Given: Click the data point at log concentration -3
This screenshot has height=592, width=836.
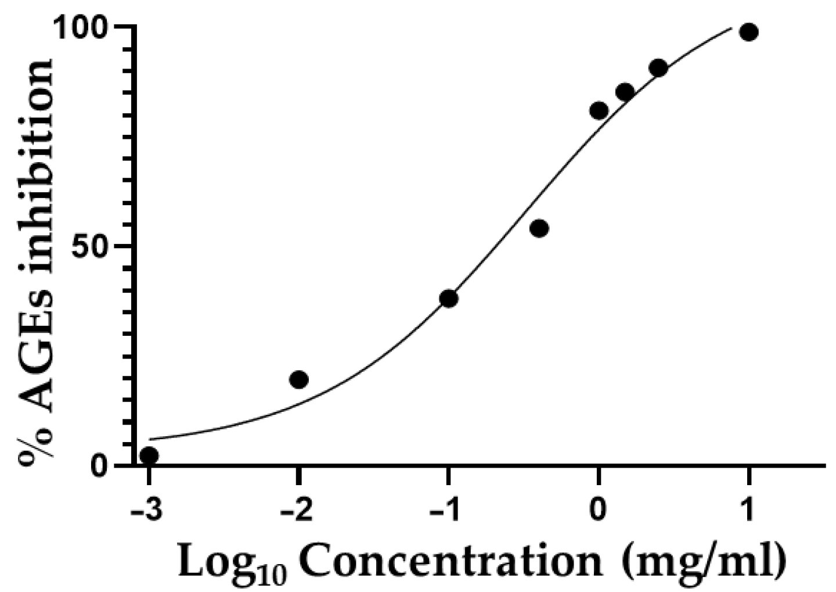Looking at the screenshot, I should (149, 455).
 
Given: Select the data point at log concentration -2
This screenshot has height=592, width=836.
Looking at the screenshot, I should (298, 379).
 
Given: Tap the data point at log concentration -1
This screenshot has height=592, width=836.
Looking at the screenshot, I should (449, 299).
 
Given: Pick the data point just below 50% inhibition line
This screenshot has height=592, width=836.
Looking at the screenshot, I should (539, 228).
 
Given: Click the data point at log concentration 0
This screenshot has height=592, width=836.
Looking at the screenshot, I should (599, 110).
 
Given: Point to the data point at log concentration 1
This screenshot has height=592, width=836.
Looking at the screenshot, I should (749, 32).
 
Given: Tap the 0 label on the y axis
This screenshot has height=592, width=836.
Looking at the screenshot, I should (103, 466).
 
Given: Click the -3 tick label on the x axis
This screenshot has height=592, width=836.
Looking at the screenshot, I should (146, 511).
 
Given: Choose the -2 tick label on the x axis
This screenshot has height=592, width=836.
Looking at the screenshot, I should (296, 511).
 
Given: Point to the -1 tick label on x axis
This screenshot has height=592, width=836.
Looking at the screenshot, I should (445, 511).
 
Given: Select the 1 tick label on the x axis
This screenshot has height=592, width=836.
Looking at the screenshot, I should (748, 511).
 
